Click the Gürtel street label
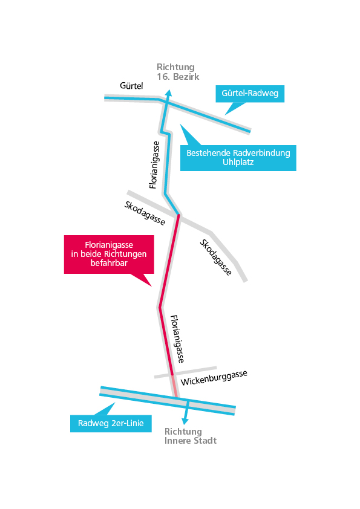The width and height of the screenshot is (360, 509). coord(131,86)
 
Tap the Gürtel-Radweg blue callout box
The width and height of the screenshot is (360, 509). coord(250,94)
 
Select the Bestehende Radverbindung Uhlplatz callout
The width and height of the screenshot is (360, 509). coord(238,158)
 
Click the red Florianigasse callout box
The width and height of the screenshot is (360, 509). coord(109,254)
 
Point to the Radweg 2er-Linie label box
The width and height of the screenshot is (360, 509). coord(111,423)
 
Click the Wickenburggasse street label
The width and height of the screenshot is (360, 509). coord(214,378)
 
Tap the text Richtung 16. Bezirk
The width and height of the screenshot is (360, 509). coord(178,72)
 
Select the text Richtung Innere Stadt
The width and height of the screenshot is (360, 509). coord(191,436)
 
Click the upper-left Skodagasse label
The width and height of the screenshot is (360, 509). coord(145,213)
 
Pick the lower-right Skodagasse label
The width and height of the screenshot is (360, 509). coord(216,258)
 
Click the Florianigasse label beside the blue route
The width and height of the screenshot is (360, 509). coord(154,164)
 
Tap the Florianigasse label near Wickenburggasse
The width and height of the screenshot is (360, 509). coord(177,339)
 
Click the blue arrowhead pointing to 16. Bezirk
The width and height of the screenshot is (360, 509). coord(168,92)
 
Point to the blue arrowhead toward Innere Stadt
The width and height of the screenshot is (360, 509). coord(185,421)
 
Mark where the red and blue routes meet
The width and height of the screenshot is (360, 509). coord(178,215)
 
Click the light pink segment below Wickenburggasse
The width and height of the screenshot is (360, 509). coord(174,386)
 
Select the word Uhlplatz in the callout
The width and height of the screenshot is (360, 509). coord(238,162)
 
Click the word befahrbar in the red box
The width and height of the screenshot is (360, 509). coord(109,263)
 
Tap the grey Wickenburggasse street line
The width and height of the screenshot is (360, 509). coord(186,372)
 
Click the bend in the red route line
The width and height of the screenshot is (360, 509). coord(160,306)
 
